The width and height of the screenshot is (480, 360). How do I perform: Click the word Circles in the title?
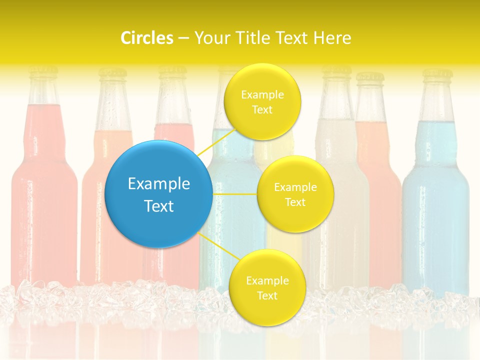pos(147,37)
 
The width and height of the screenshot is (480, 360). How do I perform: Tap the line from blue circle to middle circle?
pos(235,193)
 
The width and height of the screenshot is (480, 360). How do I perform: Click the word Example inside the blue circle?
pos(159,184)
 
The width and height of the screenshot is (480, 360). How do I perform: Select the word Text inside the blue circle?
pos(159,206)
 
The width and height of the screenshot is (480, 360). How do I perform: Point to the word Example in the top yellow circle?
pos(262,94)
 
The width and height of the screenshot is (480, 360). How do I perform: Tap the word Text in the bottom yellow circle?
pos(267,295)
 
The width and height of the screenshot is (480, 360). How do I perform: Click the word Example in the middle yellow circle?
pos(295,187)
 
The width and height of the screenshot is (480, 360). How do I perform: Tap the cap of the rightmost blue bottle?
pos(437,75)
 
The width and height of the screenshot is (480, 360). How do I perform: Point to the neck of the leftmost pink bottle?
pos(43,92)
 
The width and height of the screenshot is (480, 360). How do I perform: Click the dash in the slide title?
pos(183,37)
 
